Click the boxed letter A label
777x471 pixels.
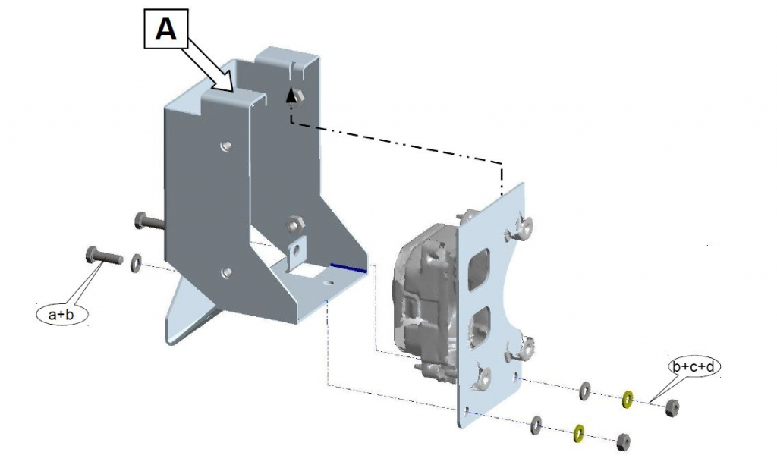click(x=165, y=30)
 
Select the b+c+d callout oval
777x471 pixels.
click(x=694, y=367)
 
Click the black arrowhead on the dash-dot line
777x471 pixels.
click(x=290, y=95)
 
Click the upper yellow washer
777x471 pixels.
click(x=628, y=399)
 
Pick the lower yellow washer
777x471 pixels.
click(x=578, y=433)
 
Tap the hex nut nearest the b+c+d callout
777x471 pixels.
click(x=672, y=408)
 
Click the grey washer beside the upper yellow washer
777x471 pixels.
click(x=586, y=391)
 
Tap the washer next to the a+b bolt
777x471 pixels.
click(x=137, y=262)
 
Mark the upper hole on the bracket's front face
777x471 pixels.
click(x=224, y=144)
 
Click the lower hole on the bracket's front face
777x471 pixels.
click(x=225, y=272)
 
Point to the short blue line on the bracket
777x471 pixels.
click(x=349, y=267)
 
